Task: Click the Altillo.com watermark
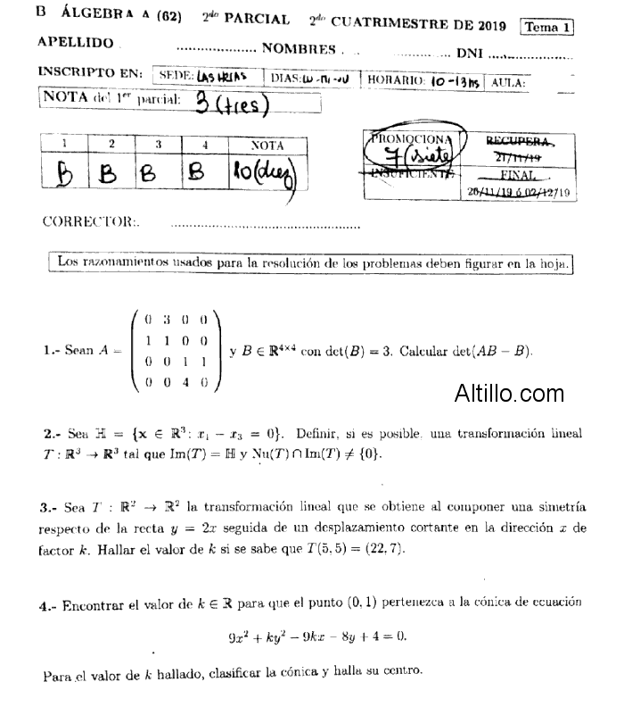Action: tap(508, 393)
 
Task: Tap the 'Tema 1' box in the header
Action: tap(546, 27)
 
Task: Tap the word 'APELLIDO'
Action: tap(76, 43)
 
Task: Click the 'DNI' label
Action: tap(469, 53)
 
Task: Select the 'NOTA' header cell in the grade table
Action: tap(267, 145)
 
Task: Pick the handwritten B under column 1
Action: tap(64, 172)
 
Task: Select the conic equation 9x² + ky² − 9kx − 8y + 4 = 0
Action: tap(316, 636)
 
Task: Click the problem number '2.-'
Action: tap(51, 435)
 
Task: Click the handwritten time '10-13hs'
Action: tap(454, 79)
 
